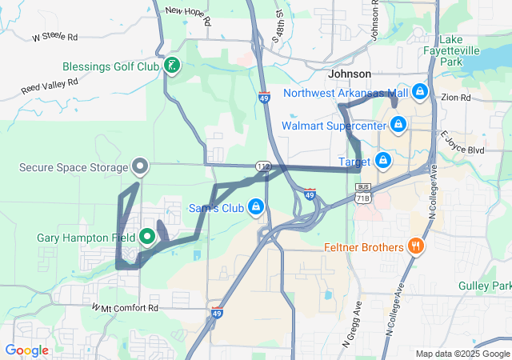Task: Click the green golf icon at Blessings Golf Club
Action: click(x=170, y=66)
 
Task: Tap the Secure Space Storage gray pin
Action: click(x=140, y=167)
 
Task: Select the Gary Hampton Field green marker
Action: click(x=147, y=237)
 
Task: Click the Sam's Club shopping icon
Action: click(x=255, y=207)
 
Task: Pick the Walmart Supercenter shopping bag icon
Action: click(x=398, y=125)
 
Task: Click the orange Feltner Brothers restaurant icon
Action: click(x=415, y=246)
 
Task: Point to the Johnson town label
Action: click(x=350, y=74)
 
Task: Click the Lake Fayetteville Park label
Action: click(x=462, y=50)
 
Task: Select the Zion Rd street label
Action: click(x=455, y=98)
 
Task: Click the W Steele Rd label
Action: click(x=55, y=37)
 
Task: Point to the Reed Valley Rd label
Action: click(x=50, y=86)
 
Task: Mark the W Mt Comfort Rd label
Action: click(x=125, y=307)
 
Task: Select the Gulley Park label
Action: click(x=485, y=286)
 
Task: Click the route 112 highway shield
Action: click(x=262, y=166)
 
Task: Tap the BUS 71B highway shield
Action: click(x=362, y=192)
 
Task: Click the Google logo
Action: click(x=26, y=350)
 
